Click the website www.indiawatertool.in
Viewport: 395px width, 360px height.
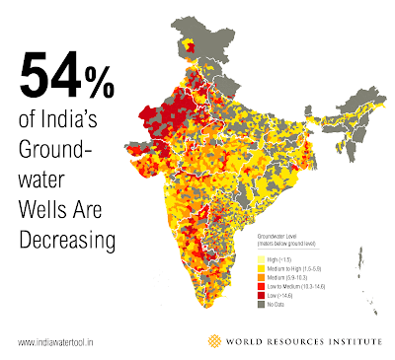pos(61,342)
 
